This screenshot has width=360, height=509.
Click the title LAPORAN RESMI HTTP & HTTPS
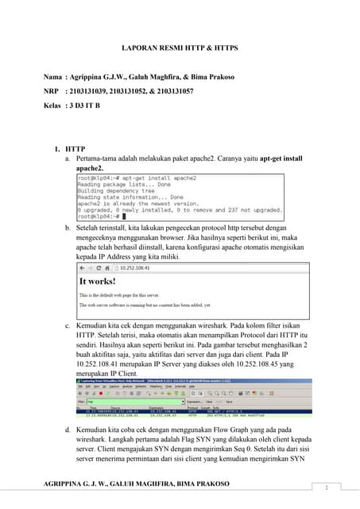click(x=179, y=49)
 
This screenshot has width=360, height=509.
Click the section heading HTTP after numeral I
click(x=75, y=149)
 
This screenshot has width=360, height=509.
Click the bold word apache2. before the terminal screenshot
click(x=89, y=169)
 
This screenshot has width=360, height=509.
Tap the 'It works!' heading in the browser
click(x=98, y=281)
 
